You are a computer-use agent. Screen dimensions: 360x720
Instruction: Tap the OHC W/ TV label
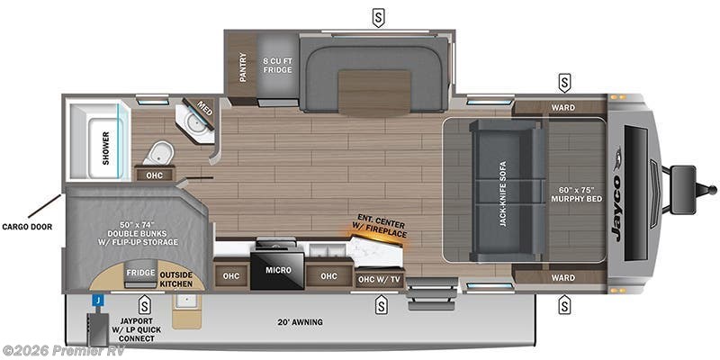point(378,280)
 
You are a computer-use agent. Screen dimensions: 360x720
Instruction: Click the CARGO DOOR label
point(27,227)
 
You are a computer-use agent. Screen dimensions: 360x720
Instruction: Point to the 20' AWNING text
point(300,322)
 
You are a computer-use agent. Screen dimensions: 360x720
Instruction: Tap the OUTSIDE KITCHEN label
point(176,279)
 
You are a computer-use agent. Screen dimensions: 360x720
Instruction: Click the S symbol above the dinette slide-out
point(379,15)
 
